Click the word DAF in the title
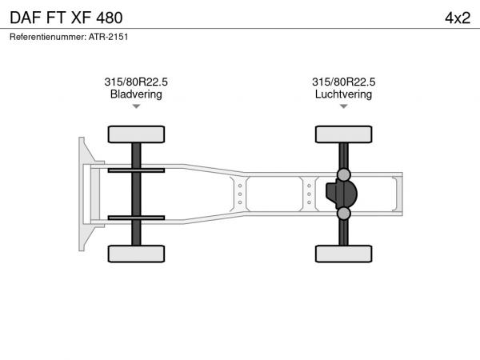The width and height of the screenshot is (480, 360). click(26, 18)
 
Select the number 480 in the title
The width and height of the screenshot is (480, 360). click(110, 18)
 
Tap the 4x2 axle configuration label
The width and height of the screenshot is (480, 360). click(458, 18)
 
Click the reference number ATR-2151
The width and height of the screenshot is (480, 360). click(108, 37)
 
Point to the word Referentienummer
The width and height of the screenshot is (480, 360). click(48, 37)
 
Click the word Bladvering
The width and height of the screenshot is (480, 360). click(136, 94)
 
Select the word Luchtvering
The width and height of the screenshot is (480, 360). click(343, 94)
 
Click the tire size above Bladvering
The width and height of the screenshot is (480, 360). click(136, 82)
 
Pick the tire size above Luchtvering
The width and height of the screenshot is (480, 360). click(343, 82)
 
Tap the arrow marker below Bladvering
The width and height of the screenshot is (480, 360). click(136, 106)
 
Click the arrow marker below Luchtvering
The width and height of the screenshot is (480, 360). click(343, 106)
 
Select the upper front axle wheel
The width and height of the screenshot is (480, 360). click(136, 134)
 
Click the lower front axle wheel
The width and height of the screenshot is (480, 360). click(136, 254)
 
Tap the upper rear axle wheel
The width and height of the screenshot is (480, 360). click(343, 134)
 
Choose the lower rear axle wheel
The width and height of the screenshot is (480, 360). click(343, 254)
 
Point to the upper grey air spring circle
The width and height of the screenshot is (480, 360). click(343, 174)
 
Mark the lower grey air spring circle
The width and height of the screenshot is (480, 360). click(343, 214)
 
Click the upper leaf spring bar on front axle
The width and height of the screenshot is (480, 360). click(136, 170)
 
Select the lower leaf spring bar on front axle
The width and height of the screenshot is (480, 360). click(136, 218)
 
